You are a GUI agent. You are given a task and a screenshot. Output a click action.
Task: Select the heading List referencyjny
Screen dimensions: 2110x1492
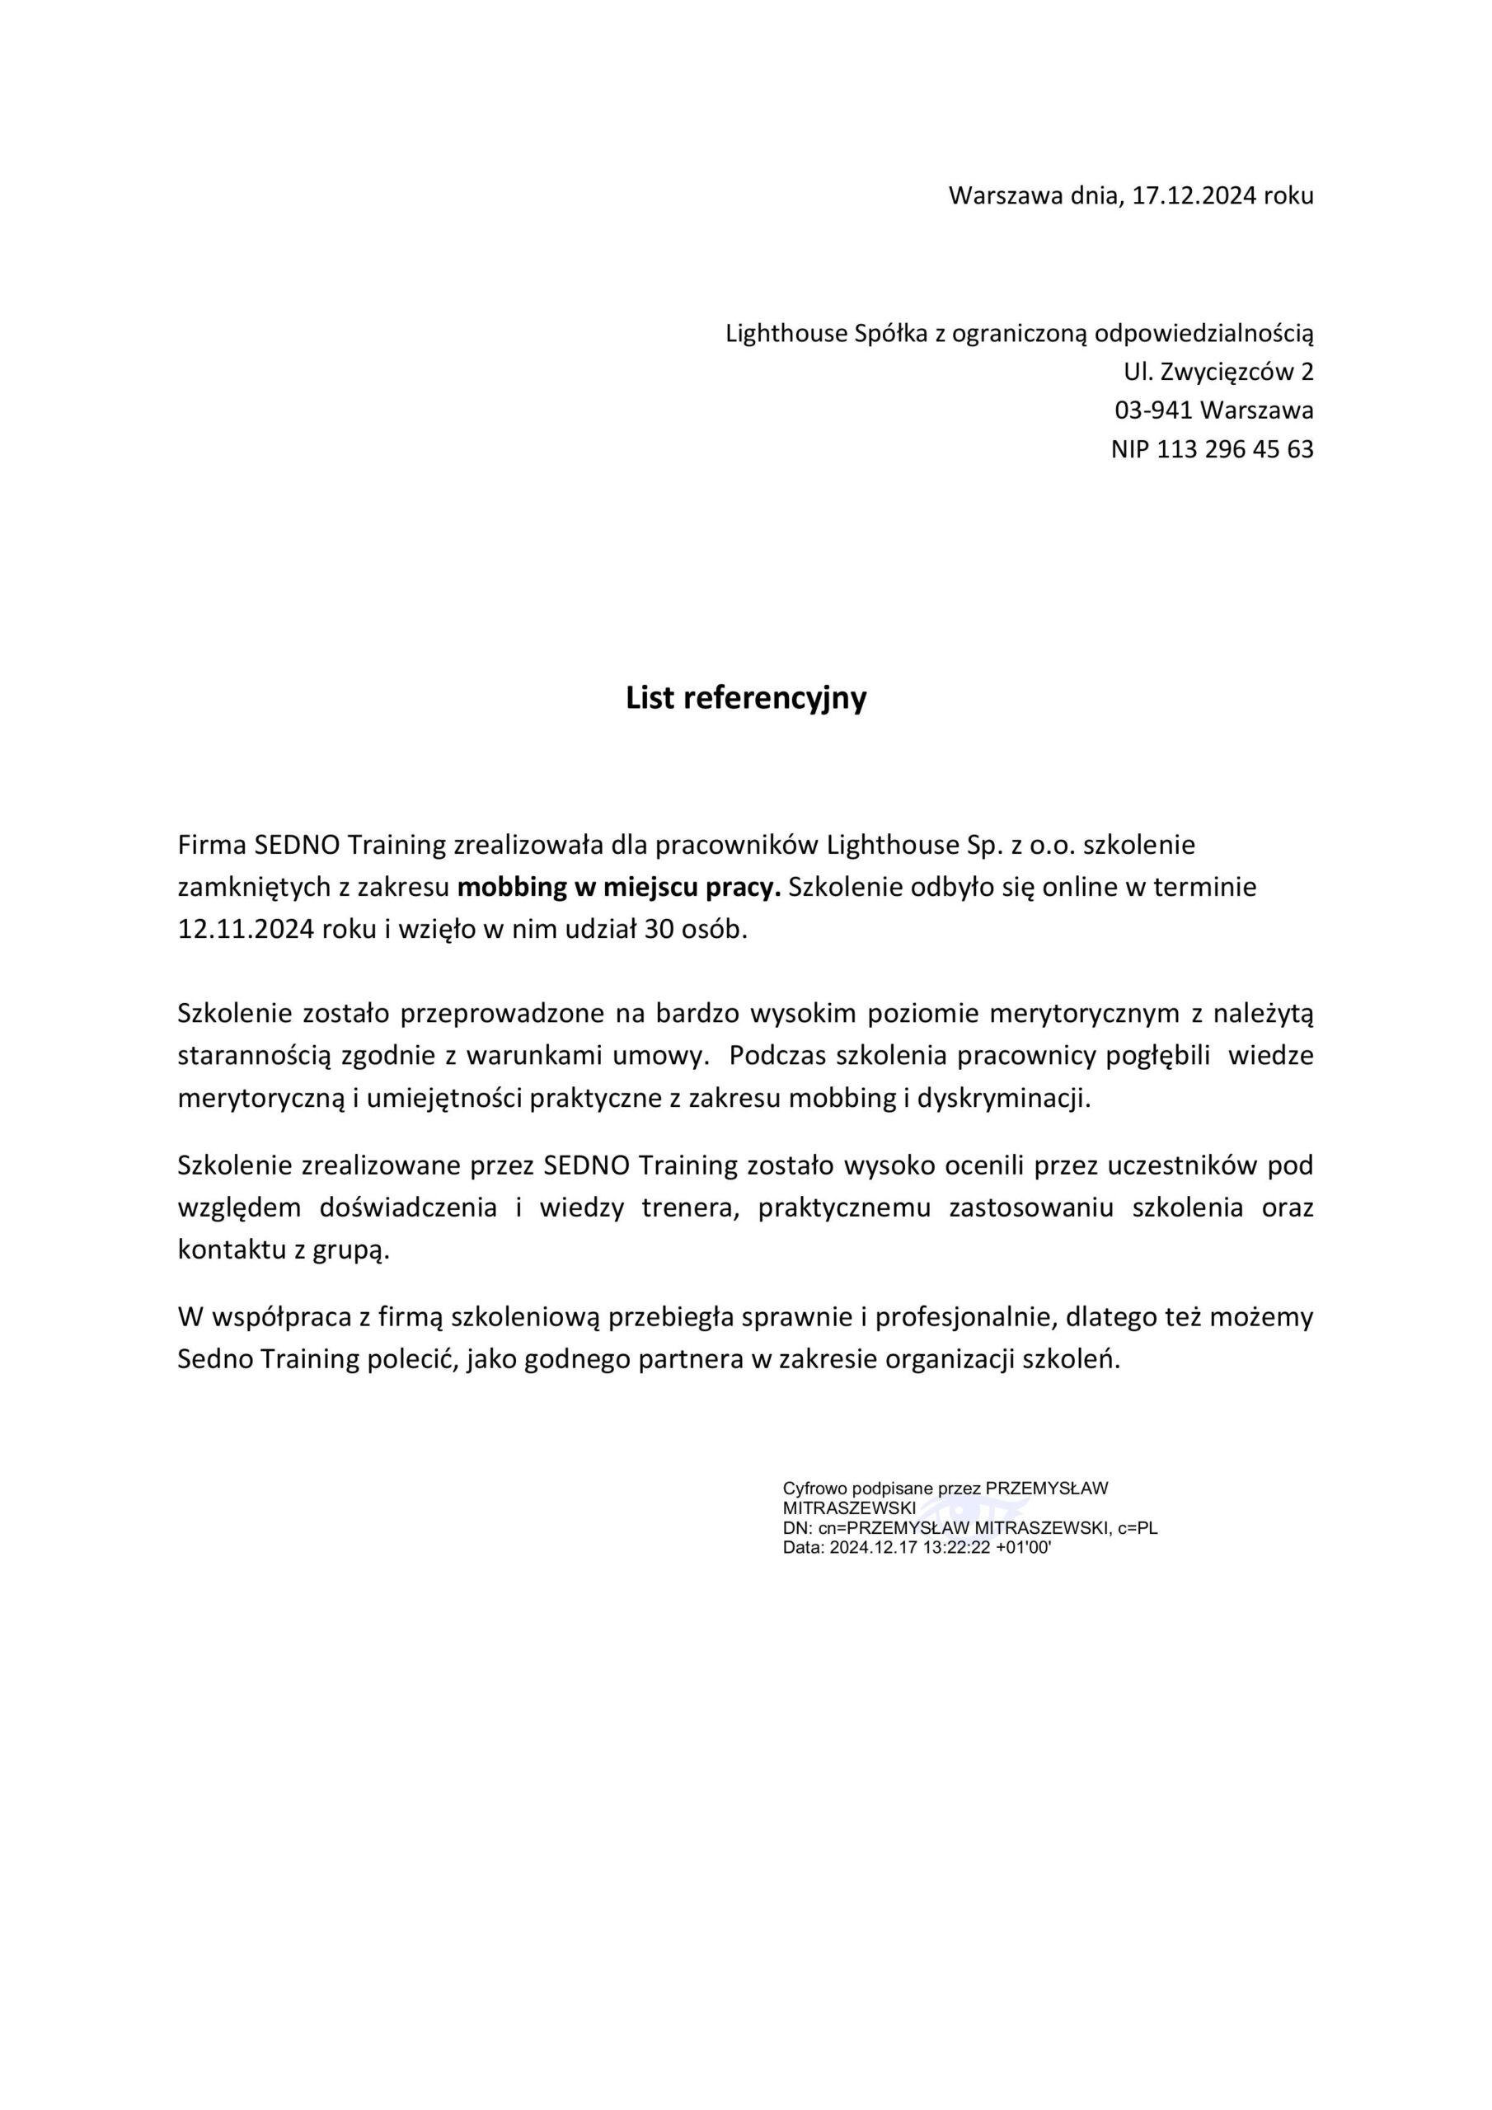[x=745, y=698]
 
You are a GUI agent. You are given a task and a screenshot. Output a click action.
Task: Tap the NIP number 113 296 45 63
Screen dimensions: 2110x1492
[x=1235, y=449]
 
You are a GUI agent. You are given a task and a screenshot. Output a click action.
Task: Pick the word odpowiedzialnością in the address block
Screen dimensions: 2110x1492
[x=1204, y=333]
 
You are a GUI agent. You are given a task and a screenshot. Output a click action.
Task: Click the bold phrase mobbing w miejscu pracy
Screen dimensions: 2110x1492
[x=619, y=888]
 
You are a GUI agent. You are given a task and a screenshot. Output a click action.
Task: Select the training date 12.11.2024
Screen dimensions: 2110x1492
[x=246, y=929]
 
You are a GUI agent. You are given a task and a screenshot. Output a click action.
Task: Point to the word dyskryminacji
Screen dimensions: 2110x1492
[x=1003, y=1098]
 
